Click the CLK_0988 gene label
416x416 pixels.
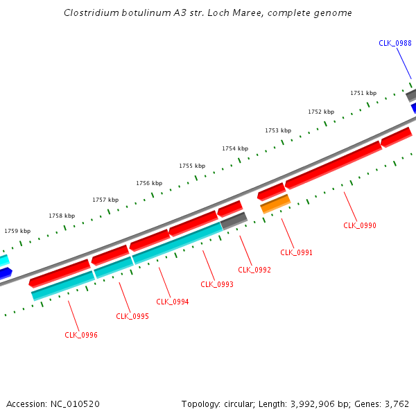(x=395, y=43)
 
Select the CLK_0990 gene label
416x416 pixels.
(x=360, y=225)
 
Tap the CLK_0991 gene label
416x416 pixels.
(x=296, y=252)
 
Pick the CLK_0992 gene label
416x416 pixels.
(x=254, y=270)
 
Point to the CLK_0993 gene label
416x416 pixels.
(x=217, y=284)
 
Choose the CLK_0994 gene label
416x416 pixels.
(x=173, y=302)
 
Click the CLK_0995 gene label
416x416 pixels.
(x=132, y=316)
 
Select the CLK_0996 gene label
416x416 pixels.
(x=81, y=335)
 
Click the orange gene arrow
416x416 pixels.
(x=275, y=203)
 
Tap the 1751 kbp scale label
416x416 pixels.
(x=363, y=93)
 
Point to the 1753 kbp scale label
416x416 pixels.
(x=278, y=130)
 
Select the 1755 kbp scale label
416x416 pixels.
(x=192, y=166)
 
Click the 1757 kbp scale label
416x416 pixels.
(x=105, y=200)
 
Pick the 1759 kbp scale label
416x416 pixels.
(x=17, y=231)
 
